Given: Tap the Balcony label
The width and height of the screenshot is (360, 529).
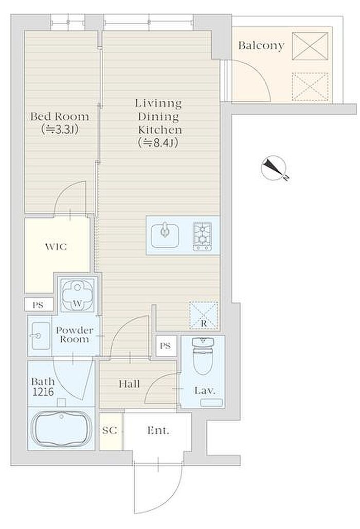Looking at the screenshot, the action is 261,45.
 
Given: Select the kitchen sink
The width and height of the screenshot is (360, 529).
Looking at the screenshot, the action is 165,235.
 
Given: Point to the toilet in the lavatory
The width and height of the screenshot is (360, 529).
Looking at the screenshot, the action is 203,356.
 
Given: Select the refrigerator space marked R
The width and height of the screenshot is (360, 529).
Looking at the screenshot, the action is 204,315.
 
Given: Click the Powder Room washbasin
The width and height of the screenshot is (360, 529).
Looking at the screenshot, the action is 40,336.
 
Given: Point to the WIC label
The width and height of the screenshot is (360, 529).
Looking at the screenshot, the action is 56,247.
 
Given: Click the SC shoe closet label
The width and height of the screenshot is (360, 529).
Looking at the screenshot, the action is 110,430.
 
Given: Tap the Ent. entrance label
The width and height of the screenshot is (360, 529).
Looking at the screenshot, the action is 158,430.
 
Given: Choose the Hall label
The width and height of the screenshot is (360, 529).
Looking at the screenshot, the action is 129,384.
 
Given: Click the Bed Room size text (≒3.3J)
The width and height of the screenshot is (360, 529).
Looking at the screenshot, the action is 60,129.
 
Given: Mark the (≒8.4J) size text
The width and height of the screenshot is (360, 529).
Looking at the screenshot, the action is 158,142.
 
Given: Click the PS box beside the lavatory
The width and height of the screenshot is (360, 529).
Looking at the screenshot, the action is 166,346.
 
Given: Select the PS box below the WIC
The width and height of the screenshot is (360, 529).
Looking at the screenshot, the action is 38,305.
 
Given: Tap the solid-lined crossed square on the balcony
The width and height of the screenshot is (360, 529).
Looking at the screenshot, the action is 310,46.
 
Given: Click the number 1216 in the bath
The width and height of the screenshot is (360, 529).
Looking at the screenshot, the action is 43,392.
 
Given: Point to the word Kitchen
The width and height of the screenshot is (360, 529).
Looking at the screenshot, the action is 160,130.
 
